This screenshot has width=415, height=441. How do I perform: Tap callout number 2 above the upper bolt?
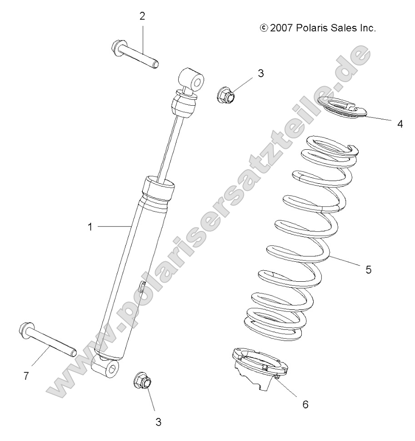(x=142, y=17)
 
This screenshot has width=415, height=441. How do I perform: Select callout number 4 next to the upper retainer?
(x=400, y=123)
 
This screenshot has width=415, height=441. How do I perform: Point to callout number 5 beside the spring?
(x=368, y=269)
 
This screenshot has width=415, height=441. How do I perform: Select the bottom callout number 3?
(x=158, y=422)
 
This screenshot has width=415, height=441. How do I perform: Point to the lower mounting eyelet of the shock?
(x=106, y=366)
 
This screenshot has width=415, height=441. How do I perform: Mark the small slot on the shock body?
(x=142, y=287)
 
